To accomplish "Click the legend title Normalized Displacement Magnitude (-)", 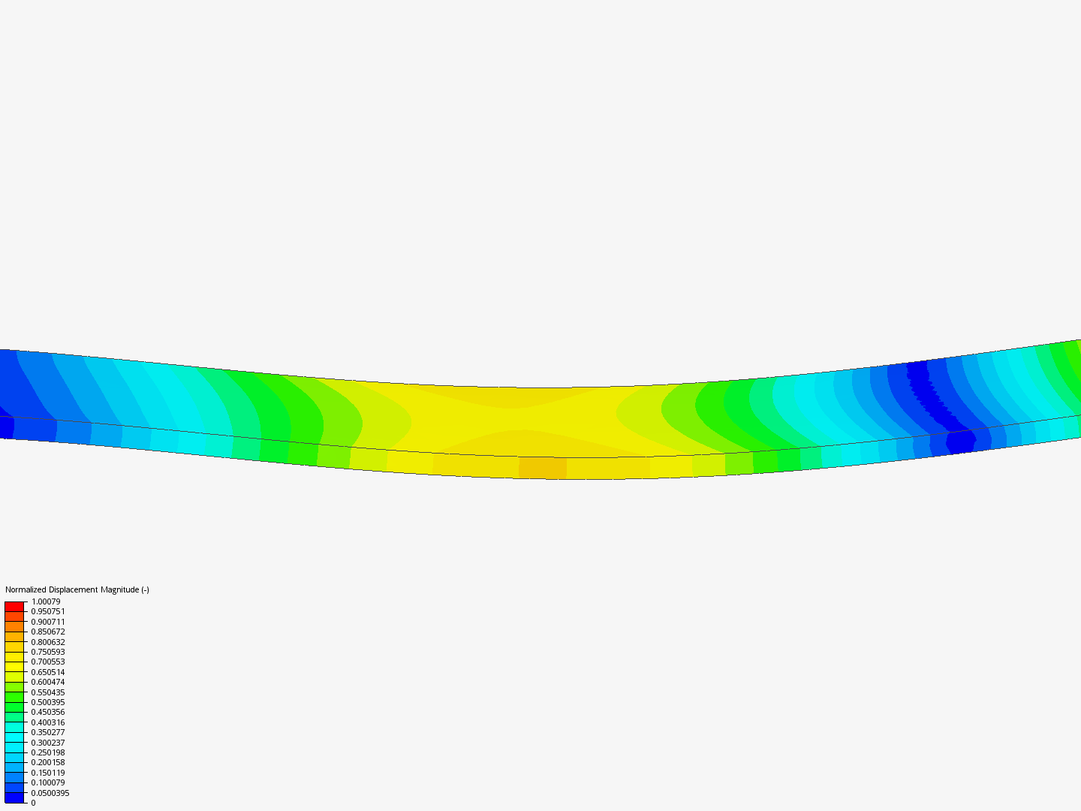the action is tap(77, 590).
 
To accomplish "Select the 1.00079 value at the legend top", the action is tap(46, 601).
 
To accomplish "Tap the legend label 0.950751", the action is tap(48, 611).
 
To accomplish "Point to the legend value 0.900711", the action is tap(48, 622).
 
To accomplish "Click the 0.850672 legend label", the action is tap(48, 632).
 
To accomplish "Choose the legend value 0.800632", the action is tap(48, 642).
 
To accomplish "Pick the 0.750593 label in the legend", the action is tap(48, 652).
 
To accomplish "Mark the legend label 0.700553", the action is tap(48, 662).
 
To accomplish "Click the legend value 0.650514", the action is tap(48, 672).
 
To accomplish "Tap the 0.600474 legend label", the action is tap(48, 682).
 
